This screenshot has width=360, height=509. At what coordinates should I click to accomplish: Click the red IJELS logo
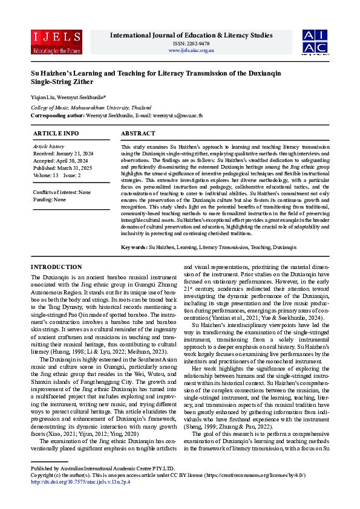click(56, 41)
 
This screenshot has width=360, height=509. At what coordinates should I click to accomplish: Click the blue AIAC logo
click(316, 41)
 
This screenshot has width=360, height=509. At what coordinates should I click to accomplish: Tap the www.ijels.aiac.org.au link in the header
click(191, 50)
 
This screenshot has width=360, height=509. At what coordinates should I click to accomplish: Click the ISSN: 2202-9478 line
click(191, 44)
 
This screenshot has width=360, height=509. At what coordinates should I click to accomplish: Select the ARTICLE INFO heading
click(56, 133)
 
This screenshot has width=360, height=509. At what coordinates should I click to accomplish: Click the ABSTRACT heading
click(139, 133)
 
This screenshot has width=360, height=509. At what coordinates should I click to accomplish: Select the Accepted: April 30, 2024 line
click(60, 161)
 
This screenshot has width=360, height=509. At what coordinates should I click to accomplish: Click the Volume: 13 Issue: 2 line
click(57, 175)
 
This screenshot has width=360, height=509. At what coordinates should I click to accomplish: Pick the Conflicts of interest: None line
click(62, 192)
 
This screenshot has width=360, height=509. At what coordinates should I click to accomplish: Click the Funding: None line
click(49, 199)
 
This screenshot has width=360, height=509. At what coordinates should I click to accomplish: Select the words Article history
click(48, 146)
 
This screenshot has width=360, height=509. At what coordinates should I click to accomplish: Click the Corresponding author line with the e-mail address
click(116, 115)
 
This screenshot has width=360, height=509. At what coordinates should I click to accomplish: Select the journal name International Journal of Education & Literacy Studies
click(191, 35)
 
